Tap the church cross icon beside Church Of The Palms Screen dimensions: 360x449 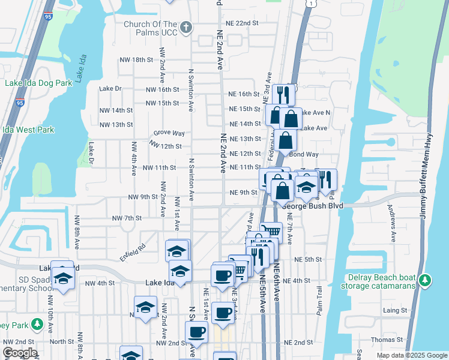pyautogui.click(x=186, y=27)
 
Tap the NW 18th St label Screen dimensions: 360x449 pyautogui.click(x=137, y=60)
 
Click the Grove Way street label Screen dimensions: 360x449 pyautogui.click(x=169, y=133)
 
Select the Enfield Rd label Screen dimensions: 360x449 pyautogui.click(x=132, y=250)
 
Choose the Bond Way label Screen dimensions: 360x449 pyautogui.click(x=307, y=154)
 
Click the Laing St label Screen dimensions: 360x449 pyautogui.click(x=395, y=310)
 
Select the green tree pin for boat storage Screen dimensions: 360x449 pyautogui.click(x=425, y=280)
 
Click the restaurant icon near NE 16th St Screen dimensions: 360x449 pyautogui.click(x=283, y=94)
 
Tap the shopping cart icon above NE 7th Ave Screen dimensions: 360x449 pyautogui.click(x=272, y=231)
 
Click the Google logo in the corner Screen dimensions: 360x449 pyautogui.click(x=20, y=353)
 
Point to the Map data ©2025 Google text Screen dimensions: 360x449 pyautogui.click(x=411, y=355)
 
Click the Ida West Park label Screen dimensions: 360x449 pyautogui.click(x=28, y=130)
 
